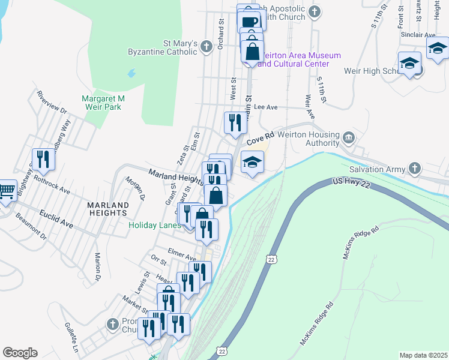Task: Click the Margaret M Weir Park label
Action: (103, 103)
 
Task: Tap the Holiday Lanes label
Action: (154, 226)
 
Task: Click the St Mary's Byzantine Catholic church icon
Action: (206, 46)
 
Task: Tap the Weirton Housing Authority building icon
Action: (348, 139)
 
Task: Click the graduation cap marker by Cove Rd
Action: (253, 161)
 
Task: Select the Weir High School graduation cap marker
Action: (409, 62)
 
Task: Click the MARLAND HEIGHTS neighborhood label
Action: (107, 209)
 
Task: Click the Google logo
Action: (20, 353)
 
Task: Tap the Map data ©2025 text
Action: (423, 355)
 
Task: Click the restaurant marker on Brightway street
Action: (43, 160)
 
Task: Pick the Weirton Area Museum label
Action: (298, 59)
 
